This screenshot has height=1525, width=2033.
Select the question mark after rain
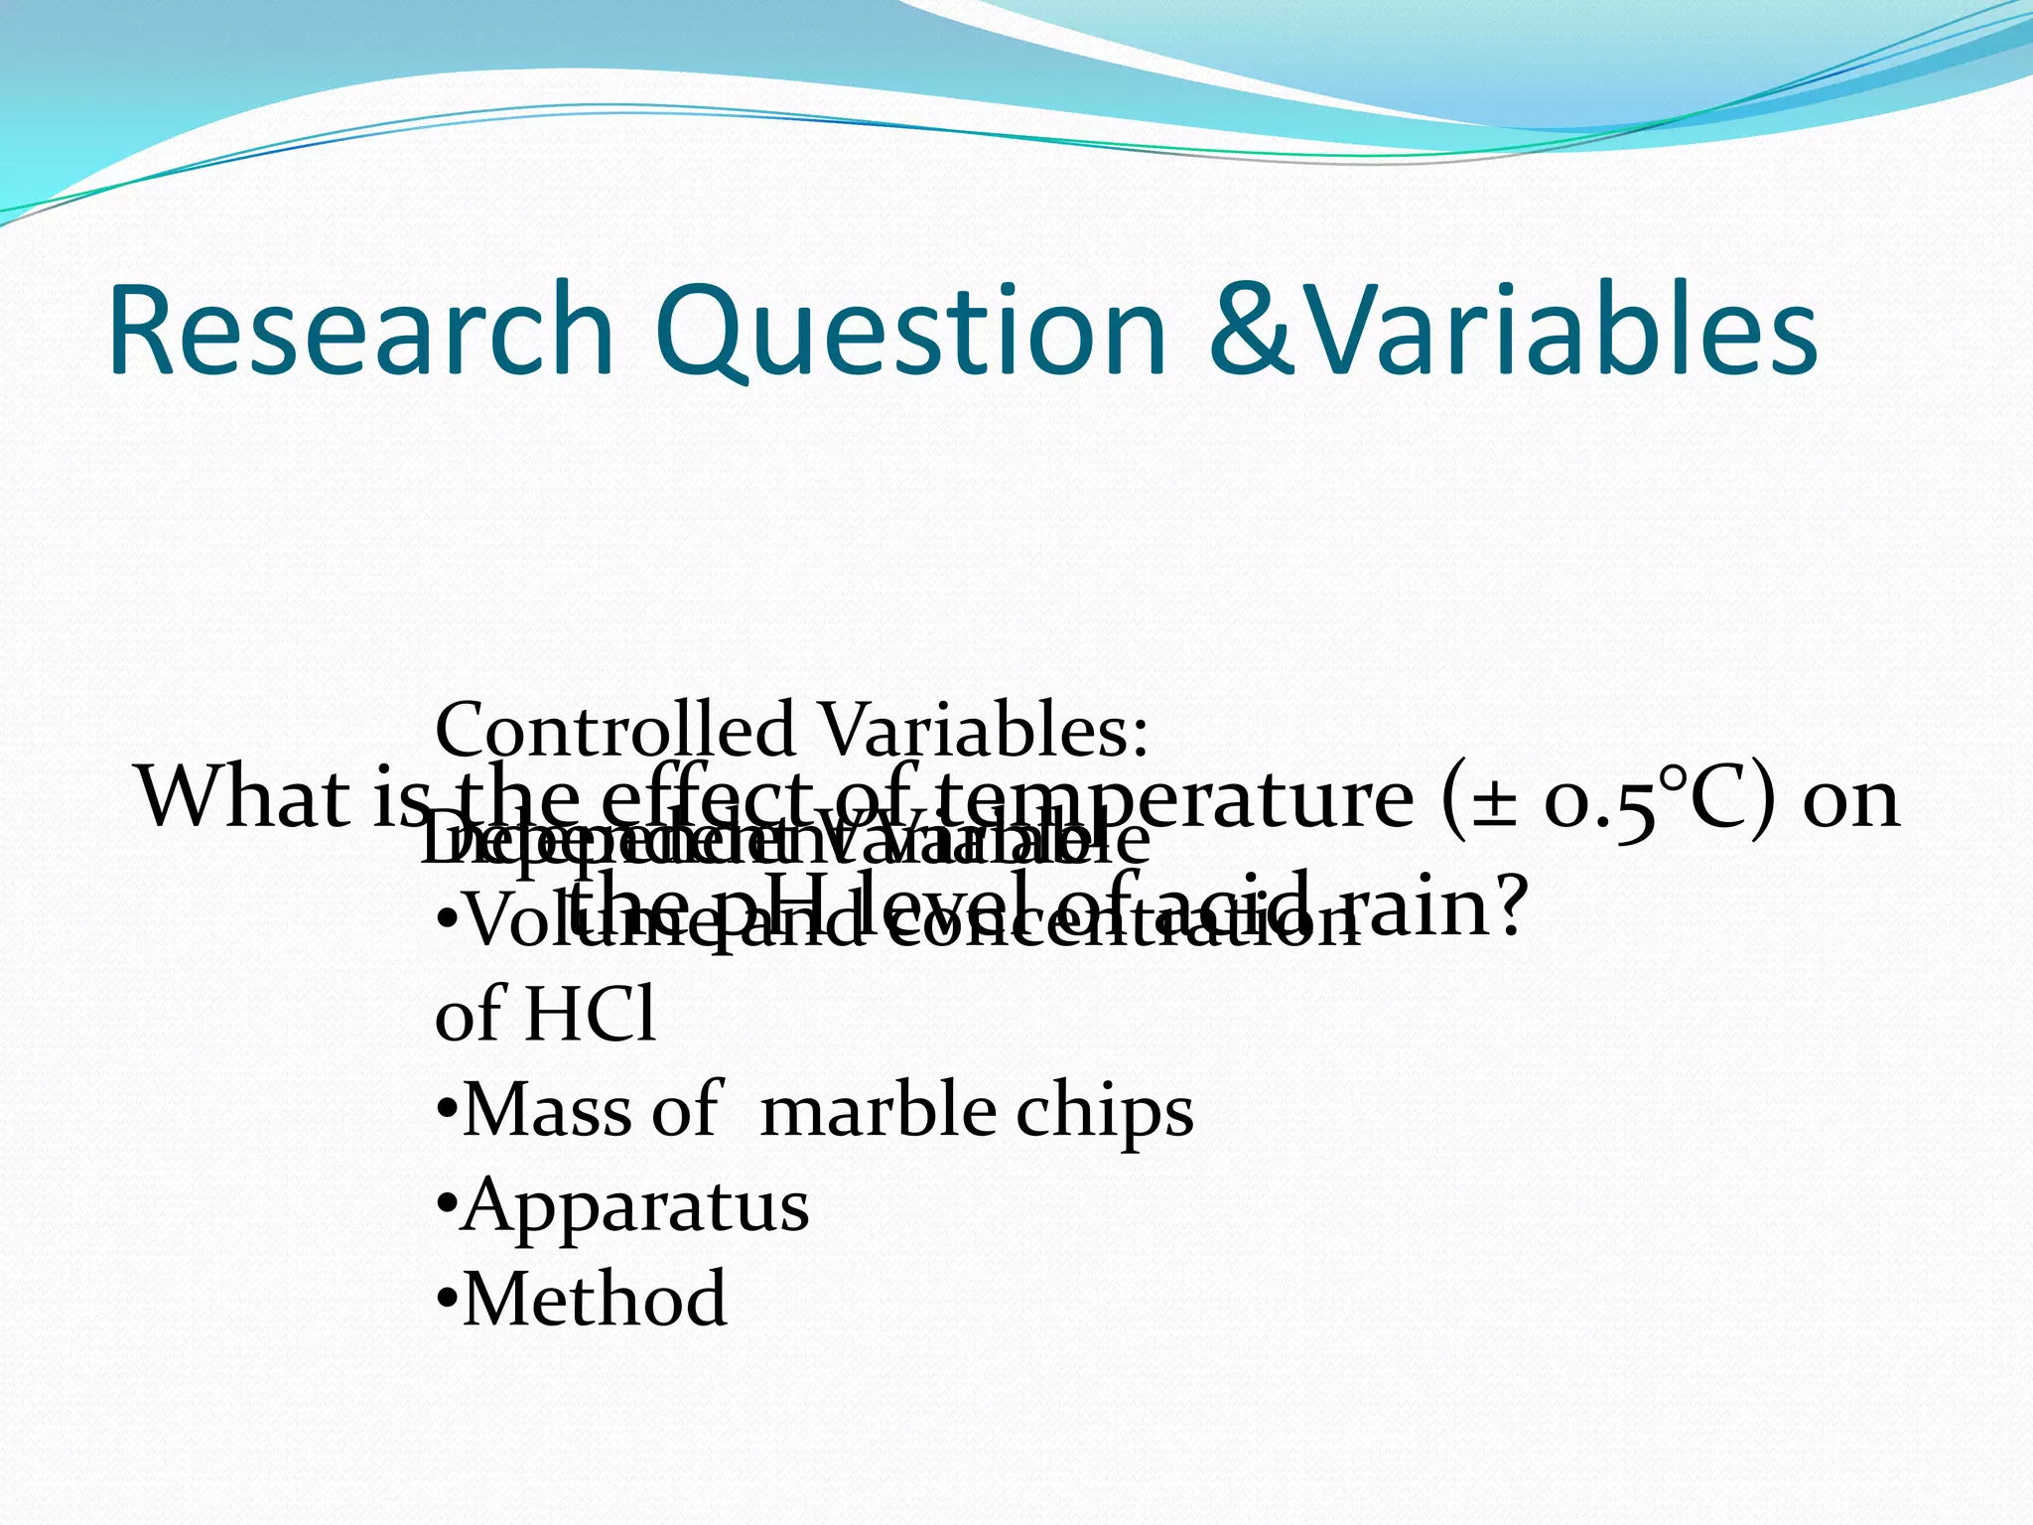pos(1507,905)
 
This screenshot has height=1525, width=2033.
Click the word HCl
pos(590,1015)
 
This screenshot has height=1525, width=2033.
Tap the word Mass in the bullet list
pos(547,1110)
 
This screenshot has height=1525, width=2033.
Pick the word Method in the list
pos(595,1299)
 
